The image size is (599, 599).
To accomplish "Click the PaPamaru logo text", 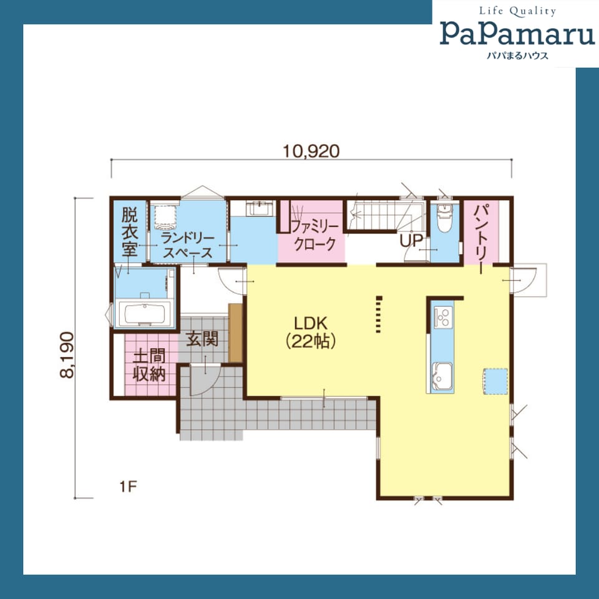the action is click(x=517, y=34).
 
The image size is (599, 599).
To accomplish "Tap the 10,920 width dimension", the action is click(x=311, y=152).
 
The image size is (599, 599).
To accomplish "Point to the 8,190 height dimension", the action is click(x=67, y=355).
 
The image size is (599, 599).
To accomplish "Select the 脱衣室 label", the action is click(x=130, y=231).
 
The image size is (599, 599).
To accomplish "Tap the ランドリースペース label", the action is click(x=187, y=246).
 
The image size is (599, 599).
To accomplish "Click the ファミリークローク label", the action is click(x=314, y=235).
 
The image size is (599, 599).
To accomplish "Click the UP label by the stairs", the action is click(x=411, y=241).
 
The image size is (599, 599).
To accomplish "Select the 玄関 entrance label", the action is click(x=202, y=339).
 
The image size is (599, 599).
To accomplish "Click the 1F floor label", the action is click(x=128, y=487).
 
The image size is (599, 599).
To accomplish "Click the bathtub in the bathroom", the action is click(x=145, y=314).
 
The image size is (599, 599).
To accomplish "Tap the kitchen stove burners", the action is click(x=444, y=316).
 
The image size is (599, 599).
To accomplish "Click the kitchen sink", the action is click(x=442, y=376).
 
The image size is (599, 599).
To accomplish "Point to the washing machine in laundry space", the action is click(x=165, y=217).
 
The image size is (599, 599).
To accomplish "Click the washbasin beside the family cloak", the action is click(x=259, y=209).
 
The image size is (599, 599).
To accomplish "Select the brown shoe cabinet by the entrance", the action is click(x=235, y=333).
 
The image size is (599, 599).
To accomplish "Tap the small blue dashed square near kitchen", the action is click(x=496, y=381).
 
